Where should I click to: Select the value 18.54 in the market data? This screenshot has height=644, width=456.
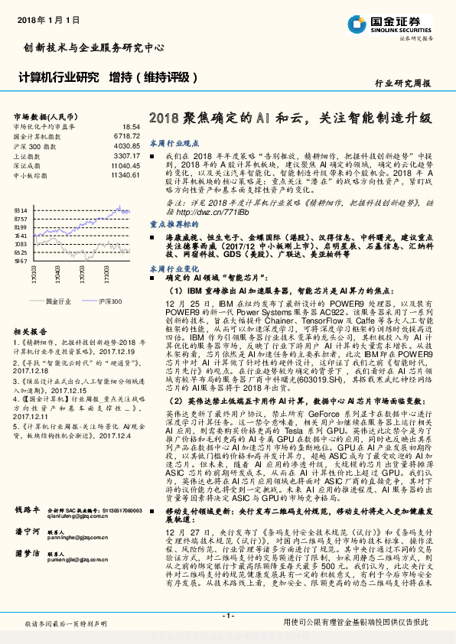130,126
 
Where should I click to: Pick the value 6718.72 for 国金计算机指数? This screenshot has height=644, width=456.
126,135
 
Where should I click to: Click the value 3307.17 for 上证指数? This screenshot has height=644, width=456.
126,156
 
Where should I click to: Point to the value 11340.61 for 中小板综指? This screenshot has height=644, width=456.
125,175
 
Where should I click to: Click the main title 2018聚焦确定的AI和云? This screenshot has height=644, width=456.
230,119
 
